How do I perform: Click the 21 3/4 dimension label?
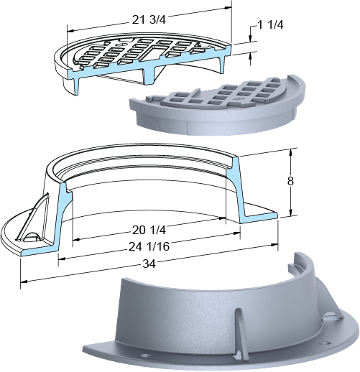click(x=149, y=19)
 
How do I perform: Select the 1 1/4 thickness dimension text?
click(x=270, y=24)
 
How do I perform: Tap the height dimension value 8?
click(x=290, y=181)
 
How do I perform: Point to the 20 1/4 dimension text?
click(x=149, y=230)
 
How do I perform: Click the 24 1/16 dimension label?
click(x=149, y=246)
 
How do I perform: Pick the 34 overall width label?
click(x=149, y=264)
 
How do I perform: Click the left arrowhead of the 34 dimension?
click(x=24, y=282)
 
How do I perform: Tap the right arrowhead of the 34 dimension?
click(x=274, y=245)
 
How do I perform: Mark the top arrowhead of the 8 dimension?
click(x=290, y=152)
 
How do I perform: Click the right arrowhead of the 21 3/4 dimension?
click(x=229, y=8)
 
